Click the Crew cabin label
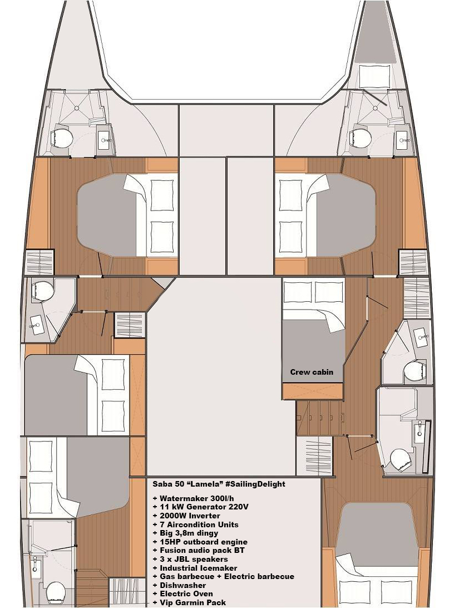click(312, 372)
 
